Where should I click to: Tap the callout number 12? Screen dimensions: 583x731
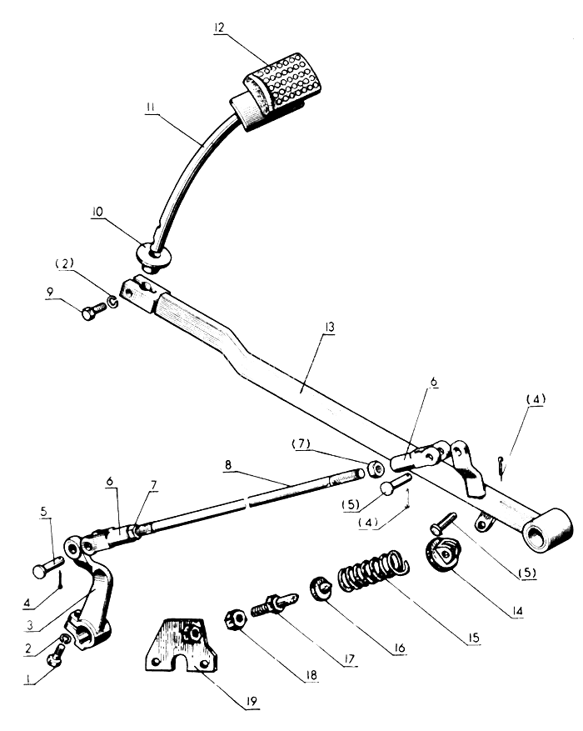coord(219,28)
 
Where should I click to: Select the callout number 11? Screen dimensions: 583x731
coord(150,108)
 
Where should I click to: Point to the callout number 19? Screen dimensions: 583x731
coord(252,701)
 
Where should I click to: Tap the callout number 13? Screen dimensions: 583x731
coord(330,328)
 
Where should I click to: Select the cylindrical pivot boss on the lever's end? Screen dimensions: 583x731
coord(548,531)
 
